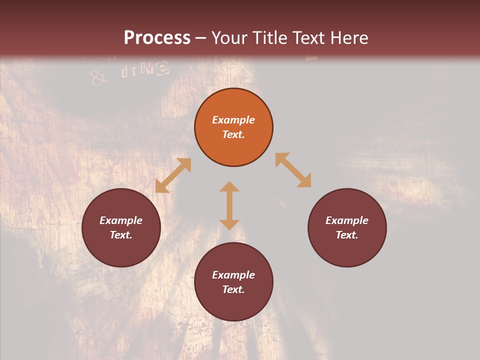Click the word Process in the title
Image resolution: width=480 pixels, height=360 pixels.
click(x=157, y=38)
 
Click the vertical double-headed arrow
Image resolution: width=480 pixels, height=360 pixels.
click(x=229, y=205)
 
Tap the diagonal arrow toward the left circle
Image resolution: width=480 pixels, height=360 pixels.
click(x=173, y=175)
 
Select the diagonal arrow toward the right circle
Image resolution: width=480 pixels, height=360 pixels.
click(x=293, y=170)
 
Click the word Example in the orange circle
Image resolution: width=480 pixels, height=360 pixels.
click(x=233, y=120)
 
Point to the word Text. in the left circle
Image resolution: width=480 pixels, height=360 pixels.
click(x=121, y=235)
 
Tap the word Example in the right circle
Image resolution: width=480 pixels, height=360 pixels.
click(x=347, y=220)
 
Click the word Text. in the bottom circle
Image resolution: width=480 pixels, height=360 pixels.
click(x=233, y=289)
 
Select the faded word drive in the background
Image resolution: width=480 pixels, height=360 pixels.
click(x=144, y=69)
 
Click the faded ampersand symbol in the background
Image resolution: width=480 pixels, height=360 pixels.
click(x=98, y=77)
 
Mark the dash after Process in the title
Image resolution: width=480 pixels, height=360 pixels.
click(x=200, y=38)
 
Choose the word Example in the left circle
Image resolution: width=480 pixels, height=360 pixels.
click(x=121, y=220)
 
